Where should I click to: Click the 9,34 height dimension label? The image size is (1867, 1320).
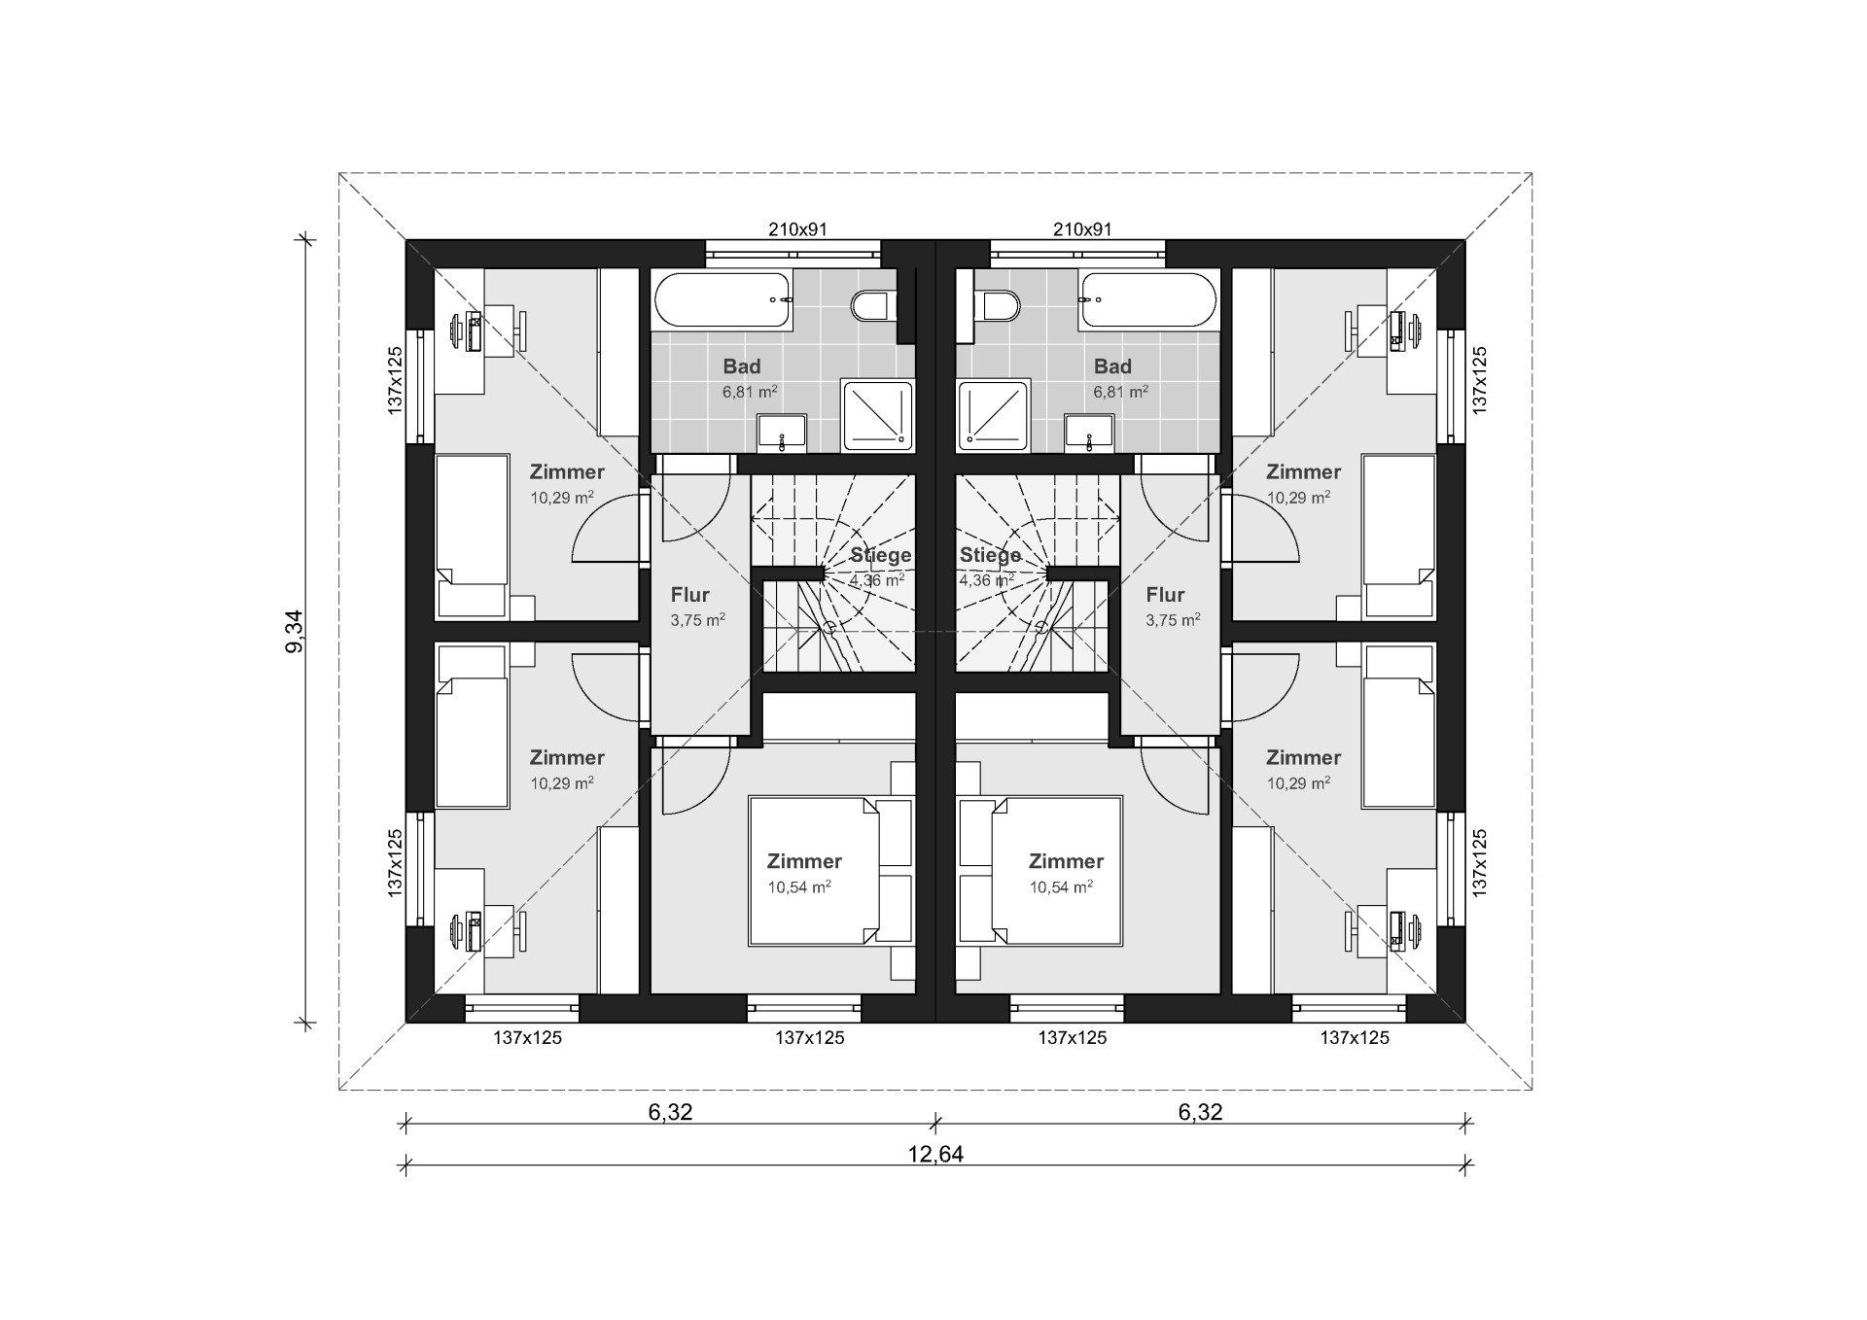(295, 632)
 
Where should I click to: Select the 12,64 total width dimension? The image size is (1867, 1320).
(935, 1154)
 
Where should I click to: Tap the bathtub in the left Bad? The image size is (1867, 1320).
(724, 300)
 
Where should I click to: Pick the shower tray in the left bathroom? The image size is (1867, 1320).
(877, 415)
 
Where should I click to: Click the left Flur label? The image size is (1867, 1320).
(689, 595)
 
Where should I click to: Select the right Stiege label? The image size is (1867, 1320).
(990, 555)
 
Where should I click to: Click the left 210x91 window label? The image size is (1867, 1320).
(797, 229)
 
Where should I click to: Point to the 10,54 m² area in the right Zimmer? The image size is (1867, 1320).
(1061, 886)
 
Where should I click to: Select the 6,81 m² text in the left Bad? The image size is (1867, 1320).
(749, 392)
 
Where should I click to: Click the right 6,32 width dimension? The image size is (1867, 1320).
(1200, 1111)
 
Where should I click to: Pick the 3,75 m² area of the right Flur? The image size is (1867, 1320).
(1173, 620)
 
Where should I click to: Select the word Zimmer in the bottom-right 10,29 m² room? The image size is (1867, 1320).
(1303, 757)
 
